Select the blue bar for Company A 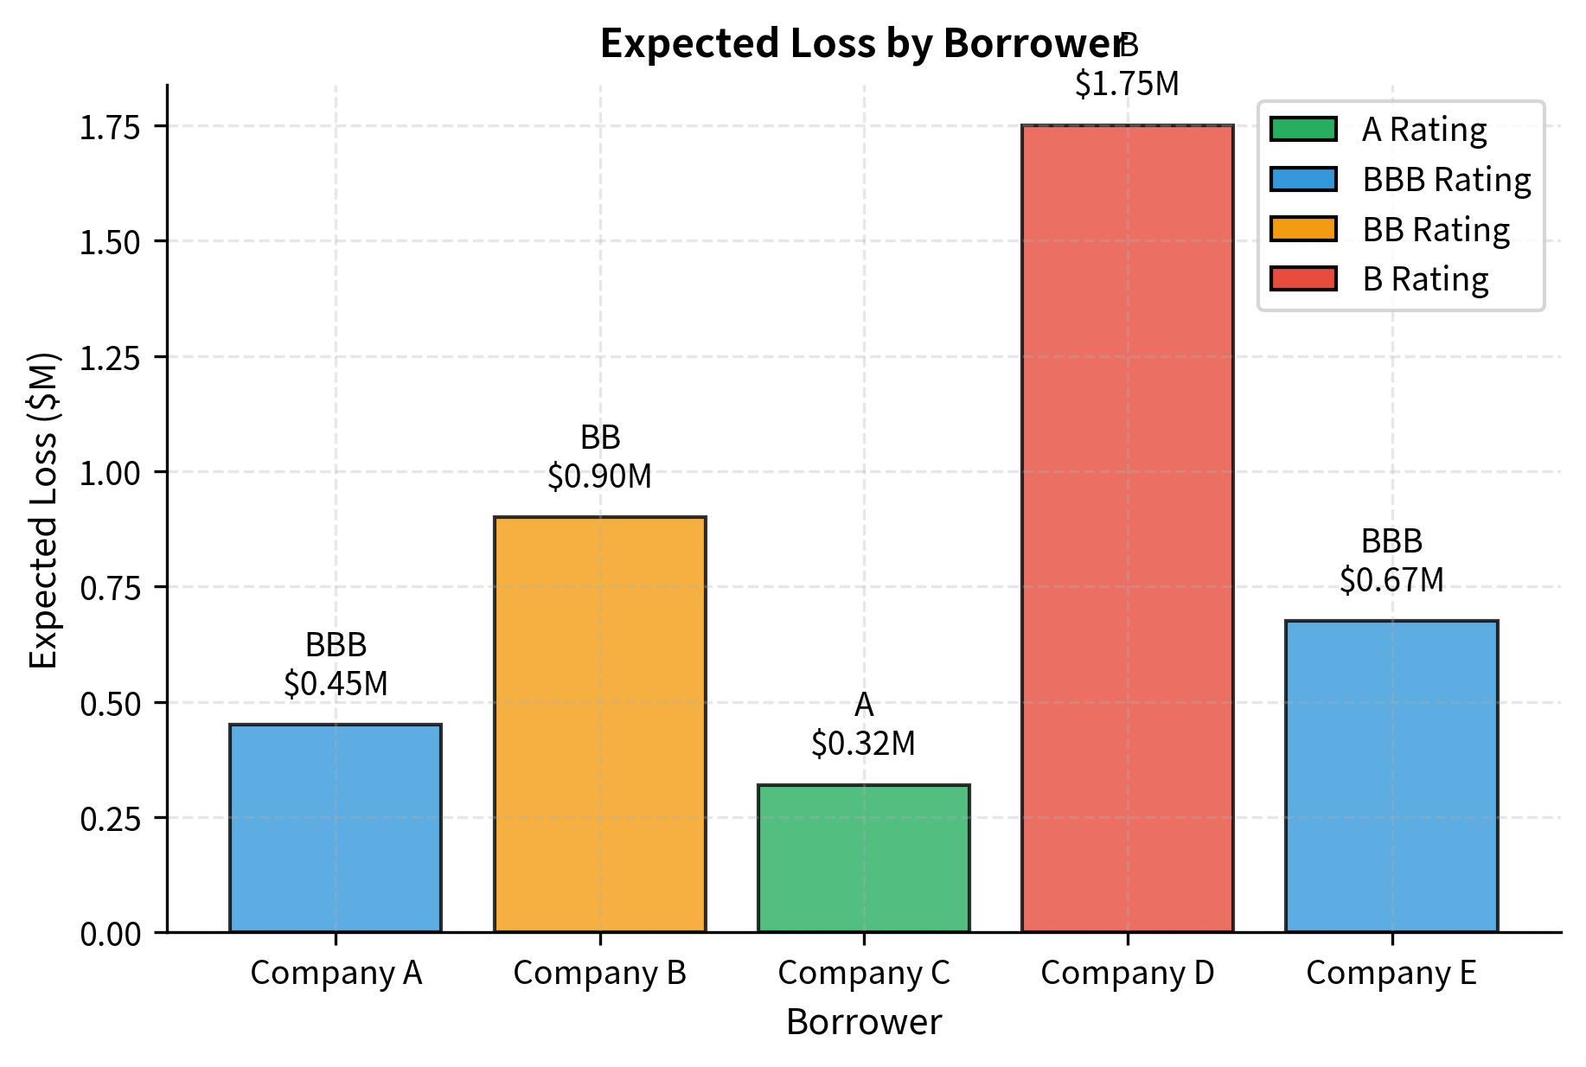(x=336, y=828)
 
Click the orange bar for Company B (x=599, y=725)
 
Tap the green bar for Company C (x=863, y=859)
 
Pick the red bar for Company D (x=1127, y=528)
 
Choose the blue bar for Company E (x=1391, y=776)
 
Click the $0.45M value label (x=336, y=683)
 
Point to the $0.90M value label (x=599, y=476)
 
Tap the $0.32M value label (x=863, y=743)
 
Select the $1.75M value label (x=1127, y=84)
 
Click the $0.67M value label (x=1391, y=579)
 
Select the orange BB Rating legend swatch (x=1303, y=229)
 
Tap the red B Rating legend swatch (x=1303, y=278)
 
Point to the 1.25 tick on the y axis (x=110, y=357)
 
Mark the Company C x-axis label (x=863, y=973)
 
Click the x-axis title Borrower (x=863, y=1022)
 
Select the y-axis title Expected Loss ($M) (x=43, y=509)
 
